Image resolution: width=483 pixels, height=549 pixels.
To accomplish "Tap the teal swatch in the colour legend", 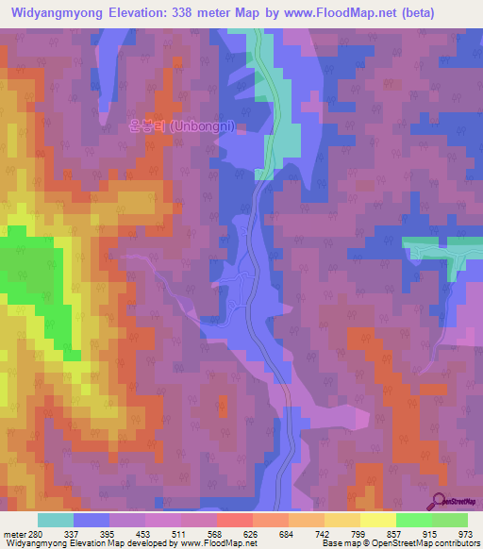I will [55, 520].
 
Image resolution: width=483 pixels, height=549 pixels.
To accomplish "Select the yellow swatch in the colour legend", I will [377, 520].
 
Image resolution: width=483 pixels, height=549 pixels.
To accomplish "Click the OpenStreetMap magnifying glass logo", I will [439, 501].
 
